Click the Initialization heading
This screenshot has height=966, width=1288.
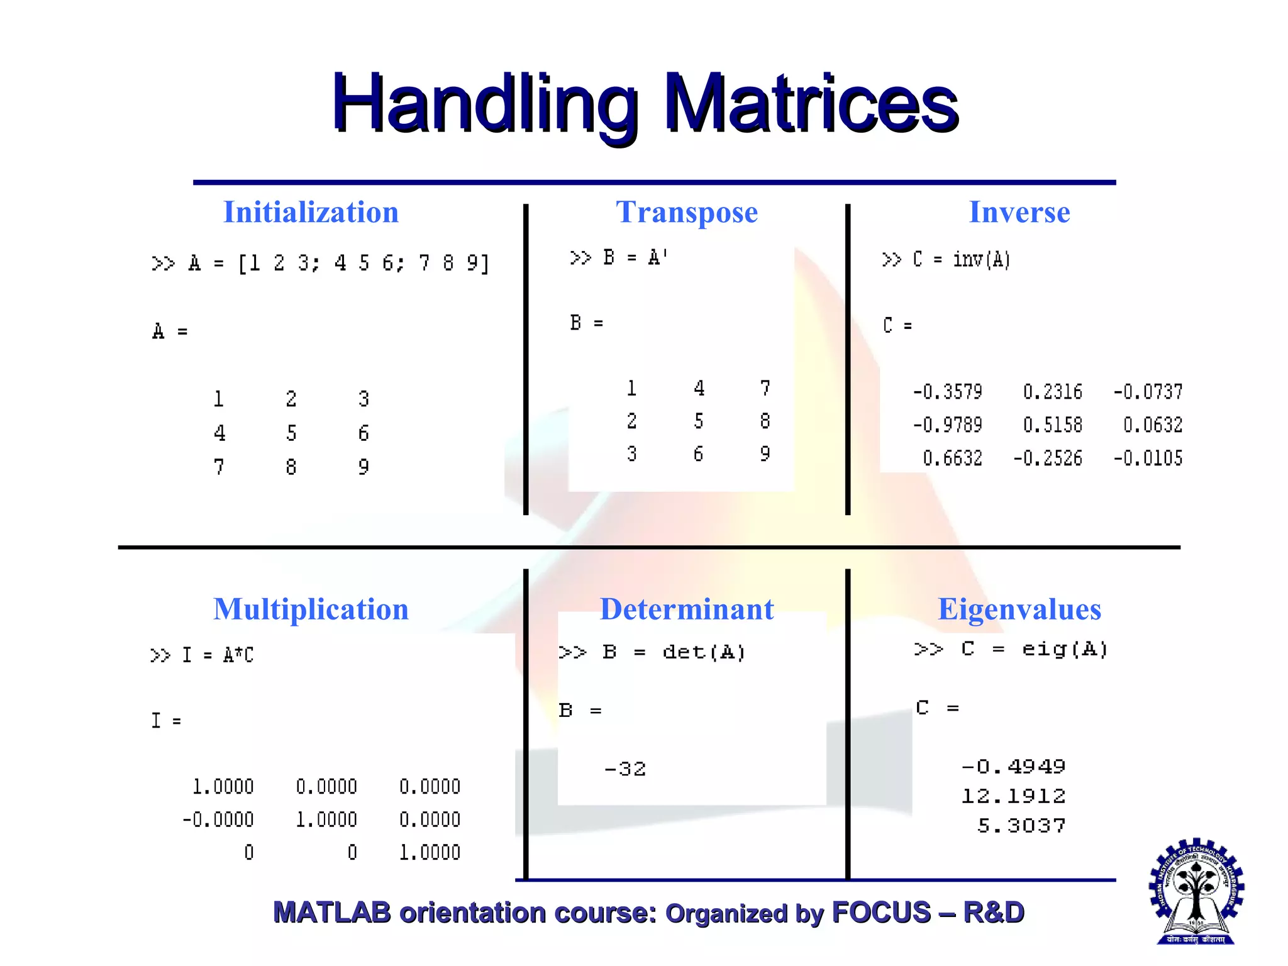point(311,212)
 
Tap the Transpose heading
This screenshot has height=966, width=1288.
point(687,212)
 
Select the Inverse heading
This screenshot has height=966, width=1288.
point(1019,212)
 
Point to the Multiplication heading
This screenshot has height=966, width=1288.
point(311,609)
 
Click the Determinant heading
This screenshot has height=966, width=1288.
point(687,609)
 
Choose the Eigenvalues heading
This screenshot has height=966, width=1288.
point(1019,609)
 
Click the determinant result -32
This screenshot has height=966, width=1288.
point(625,769)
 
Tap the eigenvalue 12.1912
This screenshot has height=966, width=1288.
point(1013,796)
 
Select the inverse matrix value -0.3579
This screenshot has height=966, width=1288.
point(947,392)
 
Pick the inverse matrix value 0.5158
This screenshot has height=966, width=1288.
point(1052,425)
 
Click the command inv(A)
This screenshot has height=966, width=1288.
point(981,259)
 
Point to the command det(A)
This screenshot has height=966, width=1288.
point(704,652)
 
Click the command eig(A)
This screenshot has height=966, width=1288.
point(1064,649)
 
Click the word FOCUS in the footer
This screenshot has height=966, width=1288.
point(880,913)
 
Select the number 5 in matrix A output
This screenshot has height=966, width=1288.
point(291,433)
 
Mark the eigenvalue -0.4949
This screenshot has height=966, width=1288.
point(1013,767)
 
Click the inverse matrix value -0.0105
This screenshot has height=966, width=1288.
point(1148,458)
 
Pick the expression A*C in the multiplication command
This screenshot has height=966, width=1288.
point(238,655)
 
